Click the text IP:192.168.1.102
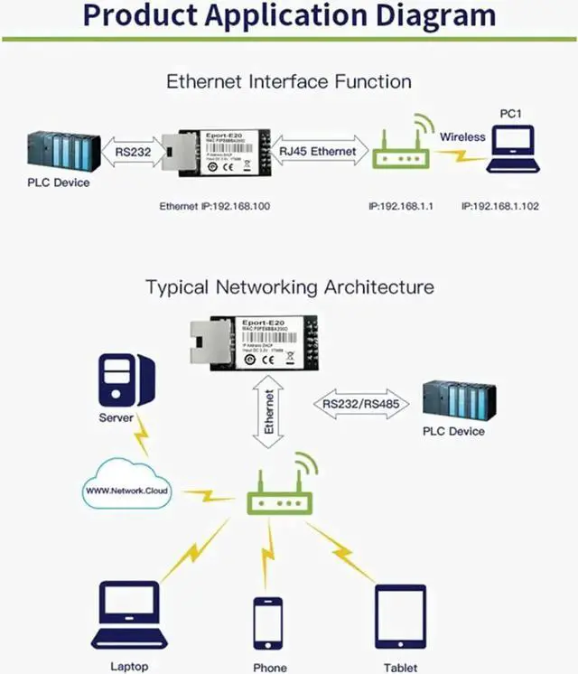[x=499, y=206]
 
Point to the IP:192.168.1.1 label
[x=401, y=206]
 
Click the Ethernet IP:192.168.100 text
[x=214, y=206]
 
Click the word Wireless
[x=462, y=137]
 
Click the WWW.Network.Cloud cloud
[x=126, y=489]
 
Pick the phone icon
[x=268, y=623]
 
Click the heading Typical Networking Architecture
[x=289, y=287]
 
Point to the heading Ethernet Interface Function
[x=289, y=81]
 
